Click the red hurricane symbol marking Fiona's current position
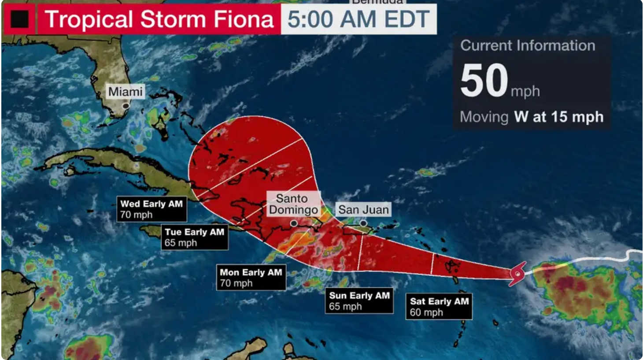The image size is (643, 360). pos(517,274)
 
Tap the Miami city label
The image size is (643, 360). pos(126,92)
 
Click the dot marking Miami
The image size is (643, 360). pos(126,106)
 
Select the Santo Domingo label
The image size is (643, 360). pos(293,204)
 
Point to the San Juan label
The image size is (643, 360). pos(363,209)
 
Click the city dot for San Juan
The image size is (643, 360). pos(363,223)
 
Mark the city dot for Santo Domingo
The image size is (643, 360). pos(294,223)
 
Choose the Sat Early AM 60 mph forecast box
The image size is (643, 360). pos(439,307)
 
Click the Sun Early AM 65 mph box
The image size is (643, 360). pos(359,301)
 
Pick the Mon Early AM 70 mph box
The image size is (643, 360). pos(251,278)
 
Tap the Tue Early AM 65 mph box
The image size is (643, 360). pos(194,237)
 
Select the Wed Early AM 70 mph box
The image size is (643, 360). pos(152,209)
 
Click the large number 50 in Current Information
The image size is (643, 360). pos(484,80)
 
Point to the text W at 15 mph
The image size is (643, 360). pos(558,117)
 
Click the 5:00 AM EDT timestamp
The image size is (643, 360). pos(358,19)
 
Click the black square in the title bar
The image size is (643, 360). pos(19,19)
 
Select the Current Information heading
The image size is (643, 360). pos(528,45)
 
